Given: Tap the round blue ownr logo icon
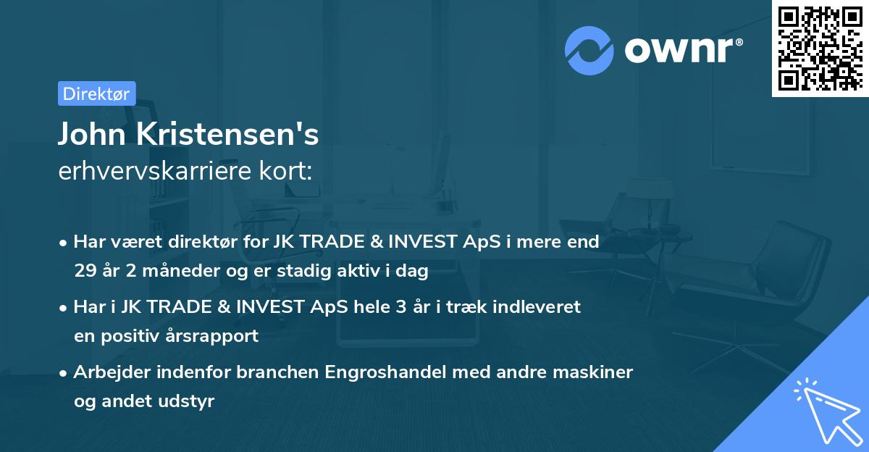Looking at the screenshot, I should click(x=589, y=51).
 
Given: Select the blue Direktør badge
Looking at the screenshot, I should click(x=96, y=93).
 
